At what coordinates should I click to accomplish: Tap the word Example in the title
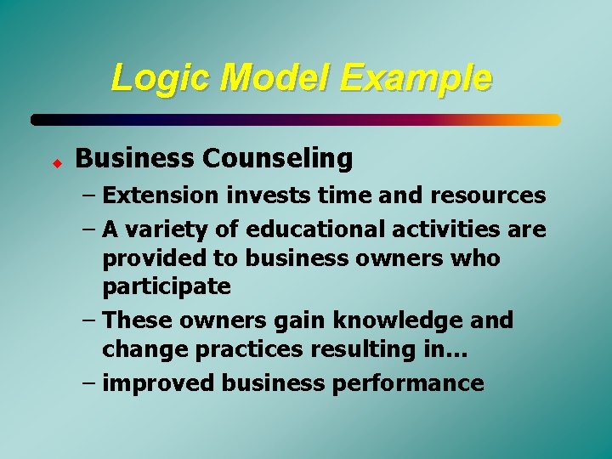click(x=416, y=78)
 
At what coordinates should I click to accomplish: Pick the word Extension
click(x=161, y=195)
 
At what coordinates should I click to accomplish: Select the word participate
click(x=167, y=287)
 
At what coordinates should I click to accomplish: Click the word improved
click(x=159, y=383)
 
